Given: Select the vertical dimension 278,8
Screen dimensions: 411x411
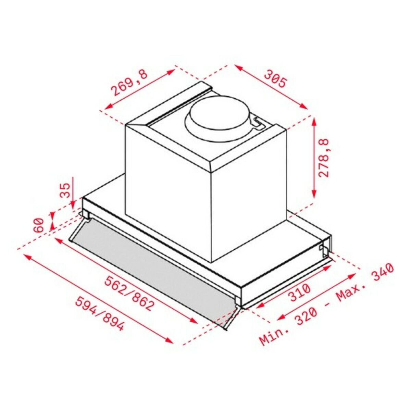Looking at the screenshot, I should click(x=323, y=158).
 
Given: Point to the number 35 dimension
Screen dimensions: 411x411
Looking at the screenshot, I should click(x=65, y=190).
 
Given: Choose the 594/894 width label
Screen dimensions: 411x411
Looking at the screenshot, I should click(x=99, y=314).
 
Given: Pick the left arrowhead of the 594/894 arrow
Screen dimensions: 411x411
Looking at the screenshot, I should click(x=25, y=256).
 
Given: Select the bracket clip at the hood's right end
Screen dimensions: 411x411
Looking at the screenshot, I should click(x=324, y=249).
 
